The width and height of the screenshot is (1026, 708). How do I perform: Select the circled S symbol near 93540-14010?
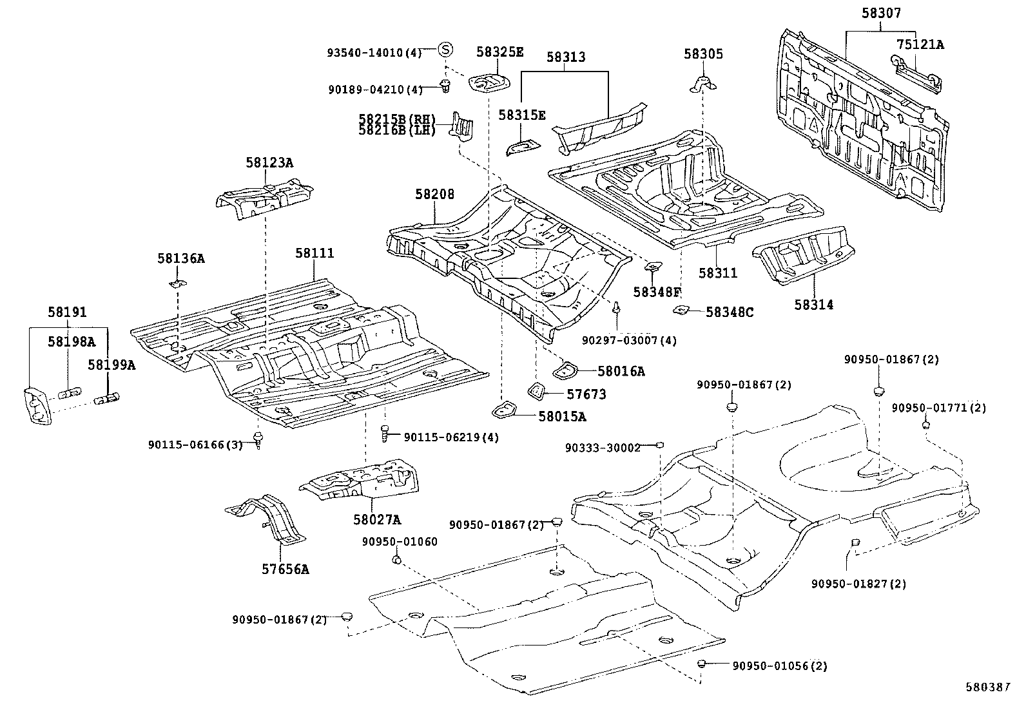coord(445,49)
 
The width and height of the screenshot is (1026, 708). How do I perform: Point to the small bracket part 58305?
coord(704,83)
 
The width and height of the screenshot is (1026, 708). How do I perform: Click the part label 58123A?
coord(269,163)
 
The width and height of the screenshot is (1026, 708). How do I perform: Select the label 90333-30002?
coord(603,447)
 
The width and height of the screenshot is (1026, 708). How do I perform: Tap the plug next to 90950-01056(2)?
coord(701,664)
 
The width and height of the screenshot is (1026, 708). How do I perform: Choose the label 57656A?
coord(284,569)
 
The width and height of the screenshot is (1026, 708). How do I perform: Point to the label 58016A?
coord(621,371)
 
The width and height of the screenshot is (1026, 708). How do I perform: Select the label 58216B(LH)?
coord(397,131)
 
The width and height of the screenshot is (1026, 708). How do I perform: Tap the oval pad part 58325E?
coord(489,82)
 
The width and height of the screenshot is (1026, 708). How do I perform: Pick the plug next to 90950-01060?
coord(398,560)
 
